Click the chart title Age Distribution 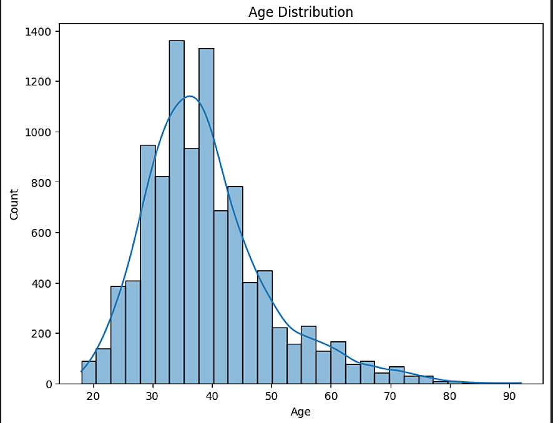300,12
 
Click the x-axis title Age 300,412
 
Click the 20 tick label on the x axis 94,397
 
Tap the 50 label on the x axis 272,397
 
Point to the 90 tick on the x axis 509,397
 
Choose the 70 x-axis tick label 390,397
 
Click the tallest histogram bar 177,212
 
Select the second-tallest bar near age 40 206,215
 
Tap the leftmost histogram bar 89,372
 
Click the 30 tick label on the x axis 153,397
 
